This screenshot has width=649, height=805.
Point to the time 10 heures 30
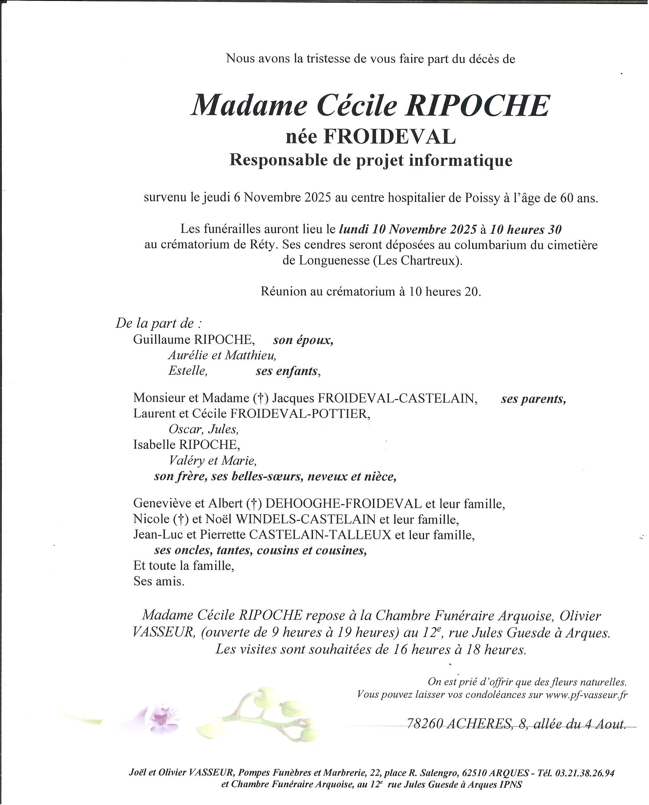pyautogui.click(x=525, y=229)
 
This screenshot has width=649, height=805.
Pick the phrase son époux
pyautogui.click(x=303, y=340)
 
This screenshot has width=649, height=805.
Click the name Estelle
pyautogui.click(x=188, y=370)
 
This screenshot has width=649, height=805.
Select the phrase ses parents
pyautogui.click(x=533, y=399)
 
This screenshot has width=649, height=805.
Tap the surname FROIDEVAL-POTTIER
pyautogui.click(x=300, y=413)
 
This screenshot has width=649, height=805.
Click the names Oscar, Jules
pyautogui.click(x=204, y=429)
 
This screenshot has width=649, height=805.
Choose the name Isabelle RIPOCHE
pyautogui.click(x=186, y=445)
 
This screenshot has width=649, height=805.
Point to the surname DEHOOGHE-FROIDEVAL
pyautogui.click(x=343, y=504)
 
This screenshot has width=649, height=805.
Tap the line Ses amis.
pyautogui.click(x=159, y=581)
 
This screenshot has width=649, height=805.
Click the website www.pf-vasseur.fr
pyautogui.click(x=586, y=694)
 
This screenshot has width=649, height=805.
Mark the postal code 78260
pyautogui.click(x=424, y=724)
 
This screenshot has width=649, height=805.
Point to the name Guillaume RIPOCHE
pyautogui.click(x=194, y=340)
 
